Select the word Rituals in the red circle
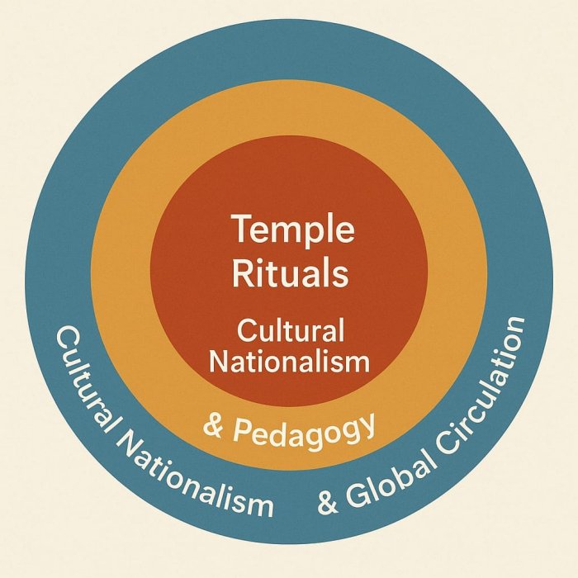pyautogui.click(x=289, y=272)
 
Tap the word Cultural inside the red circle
pyautogui.click(x=290, y=331)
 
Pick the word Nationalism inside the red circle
pyautogui.click(x=289, y=361)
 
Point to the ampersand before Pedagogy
pyautogui.click(x=214, y=427)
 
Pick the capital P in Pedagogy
pyautogui.click(x=240, y=430)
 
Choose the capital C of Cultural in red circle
pyautogui.click(x=245, y=331)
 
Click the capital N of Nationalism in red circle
pyautogui.click(x=218, y=361)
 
